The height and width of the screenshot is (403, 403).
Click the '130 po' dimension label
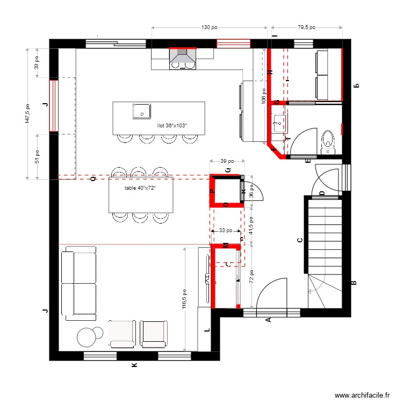(x=209, y=27)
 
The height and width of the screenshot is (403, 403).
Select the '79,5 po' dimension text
(x=306, y=27)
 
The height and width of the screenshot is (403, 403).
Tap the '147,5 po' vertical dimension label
(x=27, y=113)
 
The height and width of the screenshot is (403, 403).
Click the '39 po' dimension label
(x=227, y=161)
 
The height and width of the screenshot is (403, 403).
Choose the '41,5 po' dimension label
(x=251, y=226)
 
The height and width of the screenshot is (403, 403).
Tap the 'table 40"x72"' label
(x=140, y=188)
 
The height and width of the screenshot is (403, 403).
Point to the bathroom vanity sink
(x=278, y=124)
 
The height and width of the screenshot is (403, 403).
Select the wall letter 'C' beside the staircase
(x=299, y=241)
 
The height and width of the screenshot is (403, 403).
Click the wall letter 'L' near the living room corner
(x=207, y=331)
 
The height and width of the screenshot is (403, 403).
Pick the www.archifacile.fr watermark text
(x=362, y=395)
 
